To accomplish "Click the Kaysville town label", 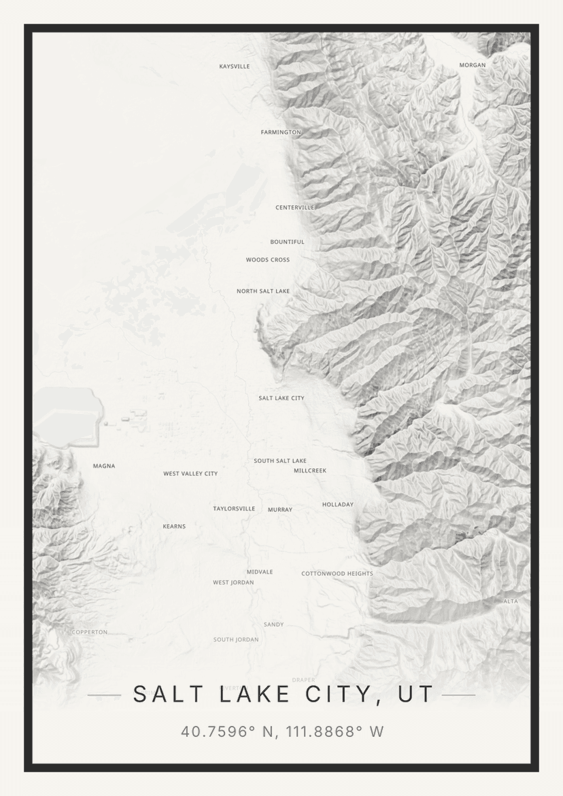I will (x=235, y=67).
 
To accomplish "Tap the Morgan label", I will (x=473, y=65).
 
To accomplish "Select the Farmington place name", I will (x=280, y=132).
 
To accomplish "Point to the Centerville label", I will (x=294, y=207).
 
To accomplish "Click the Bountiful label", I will (x=287, y=242).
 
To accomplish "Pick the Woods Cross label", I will (x=268, y=260).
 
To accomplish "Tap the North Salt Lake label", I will (x=263, y=291).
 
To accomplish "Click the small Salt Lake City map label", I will (x=281, y=398).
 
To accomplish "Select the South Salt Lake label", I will (x=280, y=461).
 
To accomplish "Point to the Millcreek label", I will (x=310, y=470).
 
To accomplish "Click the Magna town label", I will (x=104, y=466).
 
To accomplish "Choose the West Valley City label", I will (x=190, y=474).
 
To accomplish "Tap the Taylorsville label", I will (x=234, y=508).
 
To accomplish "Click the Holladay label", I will (x=338, y=504).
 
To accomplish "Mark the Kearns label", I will (x=174, y=526).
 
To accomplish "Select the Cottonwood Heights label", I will (x=337, y=574).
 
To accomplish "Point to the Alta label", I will (x=510, y=602).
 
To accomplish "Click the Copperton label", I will (x=90, y=632).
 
